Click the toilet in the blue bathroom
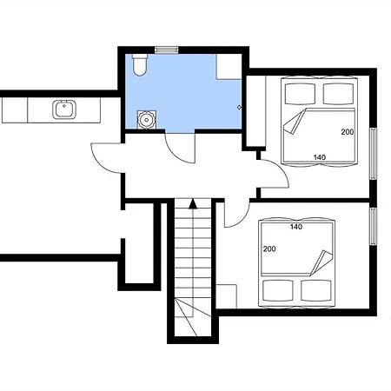(140, 65)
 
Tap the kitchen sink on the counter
(64, 109)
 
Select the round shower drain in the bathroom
(147, 119)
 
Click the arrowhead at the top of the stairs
(193, 204)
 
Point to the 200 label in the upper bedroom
(348, 132)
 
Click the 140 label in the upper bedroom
(320, 157)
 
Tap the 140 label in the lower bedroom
(296, 227)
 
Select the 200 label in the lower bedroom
(269, 249)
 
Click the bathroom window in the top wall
(166, 50)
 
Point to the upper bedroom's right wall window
(373, 154)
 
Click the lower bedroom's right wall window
(373, 227)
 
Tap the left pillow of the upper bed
(300, 94)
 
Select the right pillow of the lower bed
(316, 290)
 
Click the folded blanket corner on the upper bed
(295, 123)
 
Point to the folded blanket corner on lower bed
(321, 263)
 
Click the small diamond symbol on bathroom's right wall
(239, 108)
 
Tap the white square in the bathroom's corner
(229, 67)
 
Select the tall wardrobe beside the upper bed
(256, 111)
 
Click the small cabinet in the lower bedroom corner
(227, 296)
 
